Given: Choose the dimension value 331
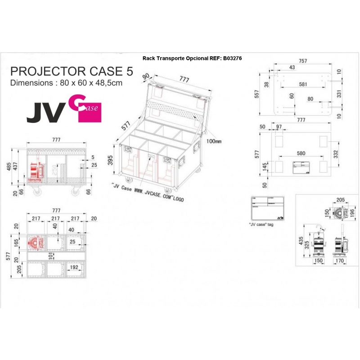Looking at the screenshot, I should pyautogui.click(x=339, y=94).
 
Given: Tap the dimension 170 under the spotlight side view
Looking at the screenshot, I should pyautogui.click(x=340, y=260).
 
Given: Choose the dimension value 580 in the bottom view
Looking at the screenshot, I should pyautogui.click(x=301, y=153).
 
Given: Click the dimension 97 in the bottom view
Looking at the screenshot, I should pyautogui.click(x=279, y=127).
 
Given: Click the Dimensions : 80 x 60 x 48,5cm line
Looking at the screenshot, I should pyautogui.click(x=66, y=83).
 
